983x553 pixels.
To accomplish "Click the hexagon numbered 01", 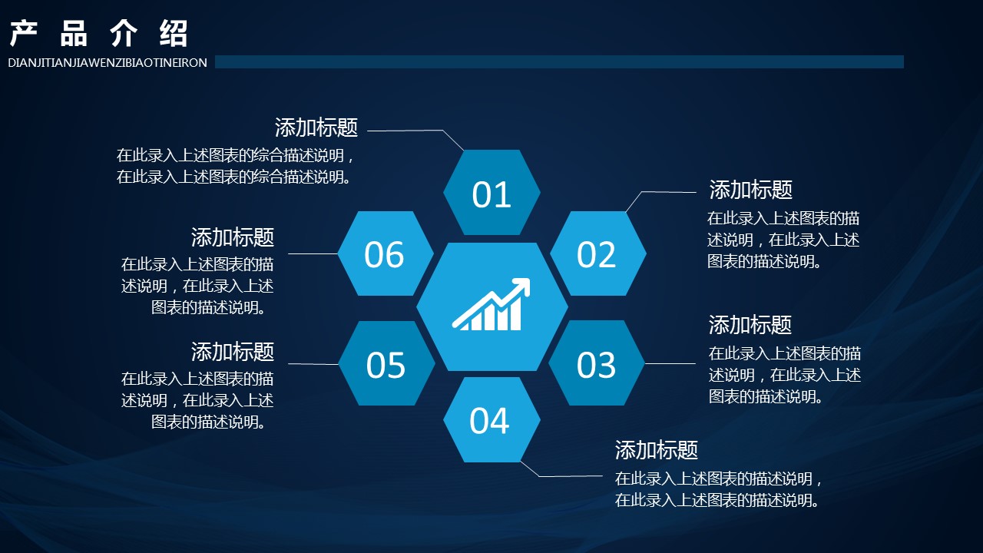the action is click(491, 192).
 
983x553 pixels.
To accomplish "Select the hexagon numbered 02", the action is click(597, 253).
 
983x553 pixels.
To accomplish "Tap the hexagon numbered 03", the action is click(597, 363).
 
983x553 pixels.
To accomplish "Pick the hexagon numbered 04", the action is click(491, 419).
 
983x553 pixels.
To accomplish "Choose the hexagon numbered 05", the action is click(386, 363).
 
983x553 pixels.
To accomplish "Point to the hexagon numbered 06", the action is click(386, 253).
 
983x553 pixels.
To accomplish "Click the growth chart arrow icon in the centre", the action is click(491, 304).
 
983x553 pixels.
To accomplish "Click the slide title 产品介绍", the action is click(99, 33).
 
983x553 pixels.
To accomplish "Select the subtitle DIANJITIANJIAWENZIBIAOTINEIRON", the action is click(108, 63).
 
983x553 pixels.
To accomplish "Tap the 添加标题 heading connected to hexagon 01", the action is click(316, 127).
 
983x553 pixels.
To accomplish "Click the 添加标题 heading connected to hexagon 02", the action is click(751, 190).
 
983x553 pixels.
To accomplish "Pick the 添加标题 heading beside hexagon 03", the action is click(750, 325).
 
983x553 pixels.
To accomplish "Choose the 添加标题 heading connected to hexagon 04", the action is click(657, 450).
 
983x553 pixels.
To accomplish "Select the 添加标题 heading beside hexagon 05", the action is click(233, 352).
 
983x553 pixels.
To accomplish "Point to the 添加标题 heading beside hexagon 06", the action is click(233, 237).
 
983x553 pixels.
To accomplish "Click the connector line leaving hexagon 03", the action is click(670, 363).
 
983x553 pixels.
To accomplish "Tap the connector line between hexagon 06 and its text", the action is click(313, 253).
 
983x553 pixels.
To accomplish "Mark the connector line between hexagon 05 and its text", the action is click(313, 364).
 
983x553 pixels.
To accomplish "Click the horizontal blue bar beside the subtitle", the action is click(559, 62).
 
